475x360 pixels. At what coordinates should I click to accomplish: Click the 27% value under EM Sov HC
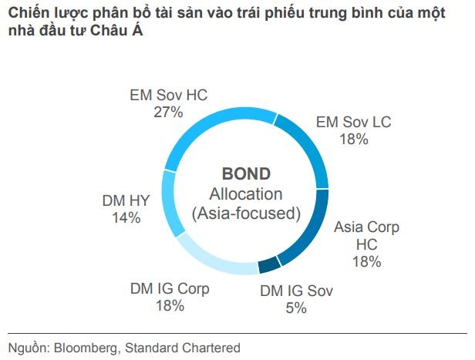pyautogui.click(x=169, y=113)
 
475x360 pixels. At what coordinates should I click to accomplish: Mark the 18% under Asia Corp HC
pyautogui.click(x=366, y=261)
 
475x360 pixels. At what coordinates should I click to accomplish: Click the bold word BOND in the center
pyautogui.click(x=246, y=174)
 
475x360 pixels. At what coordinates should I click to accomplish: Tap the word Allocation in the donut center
pyautogui.click(x=246, y=193)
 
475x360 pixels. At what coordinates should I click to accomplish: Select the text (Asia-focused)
pyautogui.click(x=246, y=213)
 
